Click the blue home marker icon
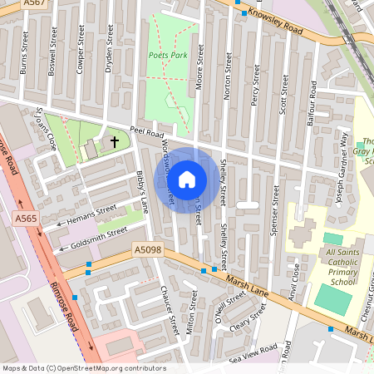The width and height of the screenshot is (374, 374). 187,180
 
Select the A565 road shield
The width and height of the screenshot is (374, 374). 25,218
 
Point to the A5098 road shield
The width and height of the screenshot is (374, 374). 148,249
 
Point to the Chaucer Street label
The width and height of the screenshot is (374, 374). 170,309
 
